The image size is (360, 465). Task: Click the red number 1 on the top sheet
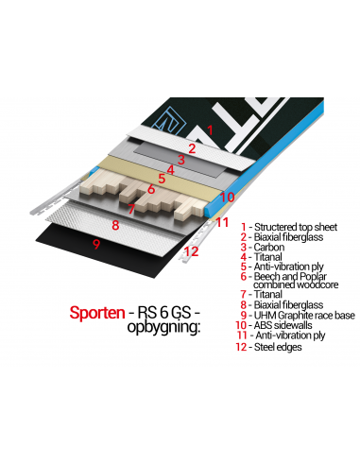coord(209,129)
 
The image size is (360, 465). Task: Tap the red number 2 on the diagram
coord(192,147)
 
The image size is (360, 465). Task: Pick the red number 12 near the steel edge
coord(191,251)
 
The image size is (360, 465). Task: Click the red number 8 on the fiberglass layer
coord(114,225)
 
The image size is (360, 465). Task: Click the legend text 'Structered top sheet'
coord(292,227)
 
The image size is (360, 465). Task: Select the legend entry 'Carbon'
coord(270,247)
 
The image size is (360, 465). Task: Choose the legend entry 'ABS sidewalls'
coord(289,325)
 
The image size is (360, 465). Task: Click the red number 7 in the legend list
coord(245,294)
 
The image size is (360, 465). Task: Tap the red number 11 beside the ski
coord(223,223)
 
